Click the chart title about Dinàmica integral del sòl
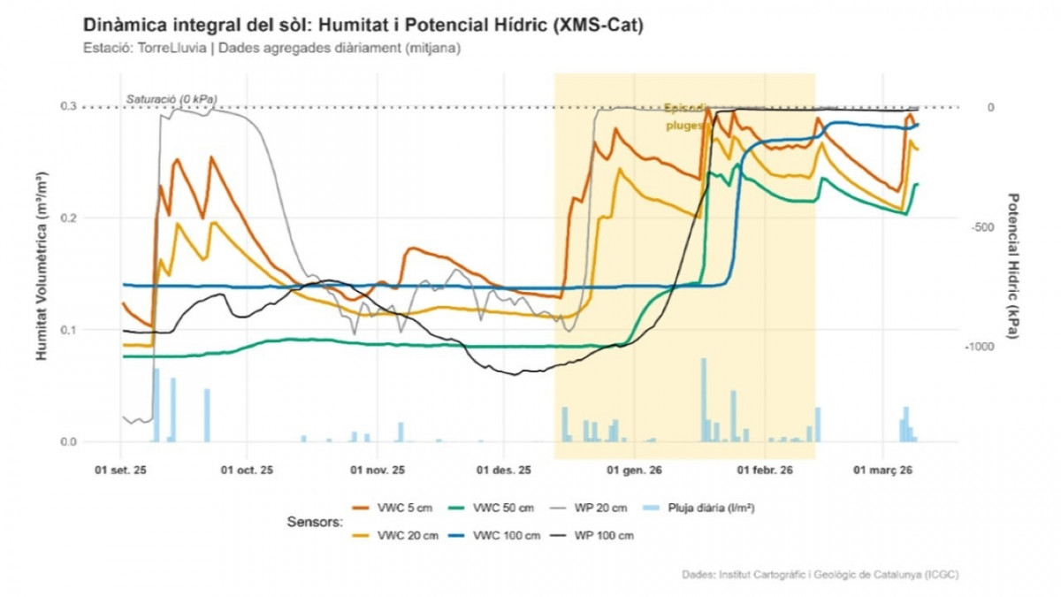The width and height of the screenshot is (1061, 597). pos(363,26)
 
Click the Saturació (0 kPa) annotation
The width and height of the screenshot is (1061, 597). pos(172,98)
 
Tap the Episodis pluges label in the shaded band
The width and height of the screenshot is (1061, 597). pos(684,117)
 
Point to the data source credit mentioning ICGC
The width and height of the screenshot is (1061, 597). pos(820,575)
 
